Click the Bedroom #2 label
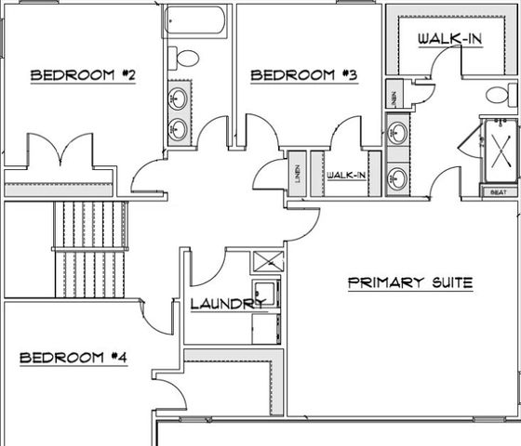[83, 75]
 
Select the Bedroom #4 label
[72, 357]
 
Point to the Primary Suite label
[410, 282]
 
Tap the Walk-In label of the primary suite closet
[448, 39]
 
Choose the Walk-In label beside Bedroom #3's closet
[345, 175]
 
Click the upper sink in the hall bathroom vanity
[178, 98]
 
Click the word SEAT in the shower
[497, 191]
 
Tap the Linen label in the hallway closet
[296, 174]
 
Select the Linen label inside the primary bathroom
[394, 96]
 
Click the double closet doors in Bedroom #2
[61, 151]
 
